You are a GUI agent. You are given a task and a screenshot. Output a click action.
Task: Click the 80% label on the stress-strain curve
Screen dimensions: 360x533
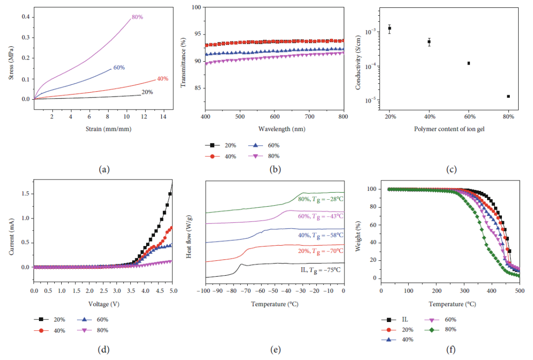click(x=137, y=17)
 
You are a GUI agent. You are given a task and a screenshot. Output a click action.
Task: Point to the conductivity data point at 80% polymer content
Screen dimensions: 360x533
click(x=508, y=96)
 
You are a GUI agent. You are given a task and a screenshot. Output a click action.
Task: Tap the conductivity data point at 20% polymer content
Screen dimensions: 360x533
click(x=389, y=28)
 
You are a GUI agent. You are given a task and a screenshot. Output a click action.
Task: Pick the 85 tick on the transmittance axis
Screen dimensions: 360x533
click(x=195, y=88)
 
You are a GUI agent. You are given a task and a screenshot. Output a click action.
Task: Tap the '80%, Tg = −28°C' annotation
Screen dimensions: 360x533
click(x=320, y=199)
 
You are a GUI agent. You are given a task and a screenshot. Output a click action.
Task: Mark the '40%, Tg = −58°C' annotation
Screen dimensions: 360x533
click(x=320, y=235)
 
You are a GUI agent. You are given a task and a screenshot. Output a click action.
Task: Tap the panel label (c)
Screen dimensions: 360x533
click(x=451, y=170)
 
